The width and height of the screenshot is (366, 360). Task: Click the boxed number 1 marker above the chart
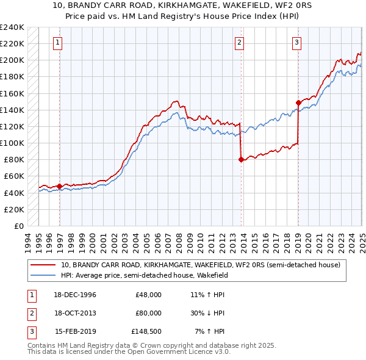tap(57, 42)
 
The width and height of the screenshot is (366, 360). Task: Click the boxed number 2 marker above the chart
tap(239, 42)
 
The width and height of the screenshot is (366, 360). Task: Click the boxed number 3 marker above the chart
tap(296, 42)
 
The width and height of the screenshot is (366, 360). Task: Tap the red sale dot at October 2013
tap(241, 159)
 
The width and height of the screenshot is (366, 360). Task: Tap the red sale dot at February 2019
tap(298, 103)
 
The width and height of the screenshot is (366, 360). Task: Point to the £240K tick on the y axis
tap(12, 27)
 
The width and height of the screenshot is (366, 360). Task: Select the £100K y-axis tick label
tap(12, 143)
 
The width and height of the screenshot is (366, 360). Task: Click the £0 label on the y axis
tap(18, 226)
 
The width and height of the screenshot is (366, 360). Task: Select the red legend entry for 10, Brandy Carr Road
tap(204, 265)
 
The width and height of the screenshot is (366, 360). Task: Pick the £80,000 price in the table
tap(148, 313)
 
